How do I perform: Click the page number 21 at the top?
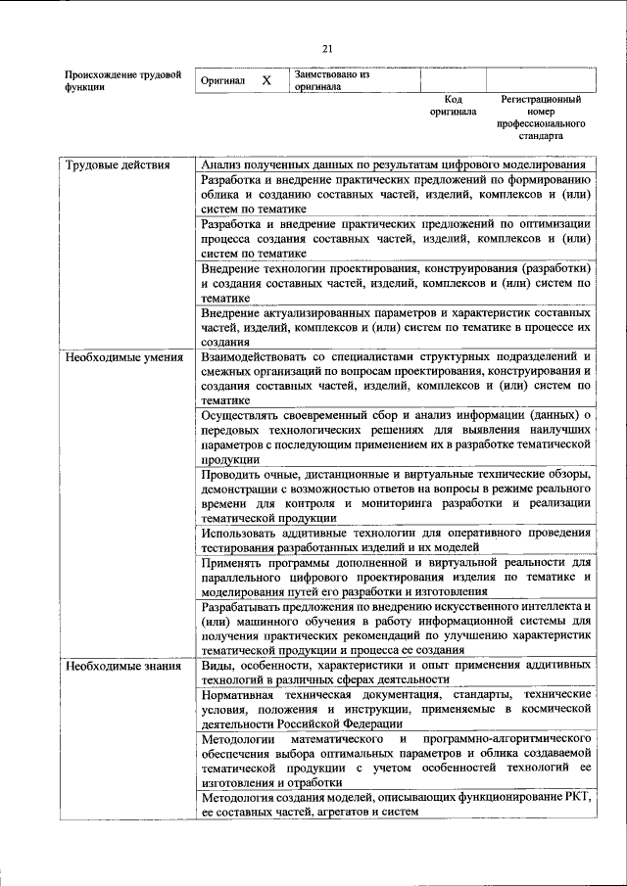(328, 50)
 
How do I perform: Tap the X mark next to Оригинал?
(266, 80)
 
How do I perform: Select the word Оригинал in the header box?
(221, 80)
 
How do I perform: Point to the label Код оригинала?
(453, 106)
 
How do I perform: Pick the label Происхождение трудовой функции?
(122, 80)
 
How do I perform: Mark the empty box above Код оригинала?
(453, 80)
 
